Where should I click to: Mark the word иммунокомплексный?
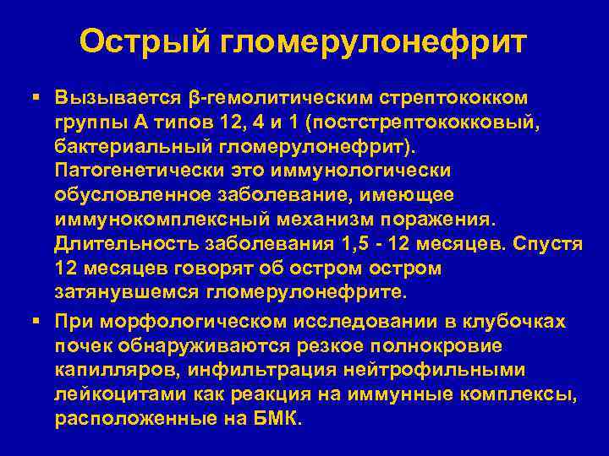point(160,220)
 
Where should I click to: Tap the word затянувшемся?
point(126,293)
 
